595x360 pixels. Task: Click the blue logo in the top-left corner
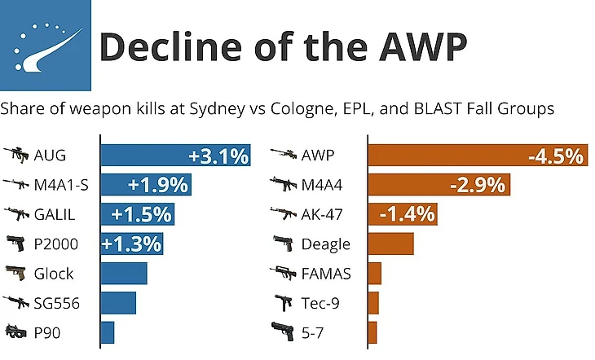click(x=46, y=46)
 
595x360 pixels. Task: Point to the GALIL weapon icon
click(x=15, y=215)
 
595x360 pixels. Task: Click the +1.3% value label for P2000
click(x=131, y=244)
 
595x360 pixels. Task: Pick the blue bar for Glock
click(x=123, y=274)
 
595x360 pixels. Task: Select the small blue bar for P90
click(x=107, y=332)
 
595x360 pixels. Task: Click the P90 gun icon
click(x=15, y=332)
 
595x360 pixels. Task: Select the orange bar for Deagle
click(x=391, y=244)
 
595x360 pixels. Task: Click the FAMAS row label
click(x=326, y=274)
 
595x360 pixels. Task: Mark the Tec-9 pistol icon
click(x=282, y=303)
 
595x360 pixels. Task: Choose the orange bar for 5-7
click(x=372, y=332)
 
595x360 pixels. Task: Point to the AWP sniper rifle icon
click(x=282, y=155)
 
